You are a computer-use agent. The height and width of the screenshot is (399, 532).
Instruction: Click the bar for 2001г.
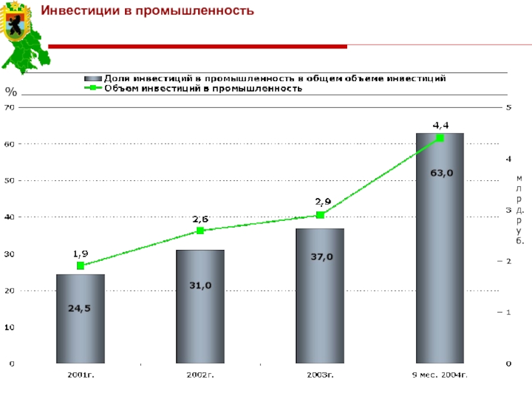point(80,319)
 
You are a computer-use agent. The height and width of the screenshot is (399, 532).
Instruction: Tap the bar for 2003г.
point(320,299)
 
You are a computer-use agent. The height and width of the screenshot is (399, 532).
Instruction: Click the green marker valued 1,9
point(80,265)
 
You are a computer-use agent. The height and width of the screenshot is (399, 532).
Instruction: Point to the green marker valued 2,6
point(200,231)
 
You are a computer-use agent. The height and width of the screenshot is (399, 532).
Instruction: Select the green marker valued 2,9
point(320,215)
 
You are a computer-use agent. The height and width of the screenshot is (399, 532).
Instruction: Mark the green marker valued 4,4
point(440,138)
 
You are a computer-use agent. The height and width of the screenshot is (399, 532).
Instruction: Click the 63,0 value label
point(440,173)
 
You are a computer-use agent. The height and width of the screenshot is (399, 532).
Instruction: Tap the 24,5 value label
point(80,308)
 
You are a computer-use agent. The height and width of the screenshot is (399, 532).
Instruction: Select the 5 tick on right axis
point(509,106)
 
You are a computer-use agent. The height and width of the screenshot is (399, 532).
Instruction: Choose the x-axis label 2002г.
point(200,375)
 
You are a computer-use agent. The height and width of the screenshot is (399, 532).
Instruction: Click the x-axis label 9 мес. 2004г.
point(440,375)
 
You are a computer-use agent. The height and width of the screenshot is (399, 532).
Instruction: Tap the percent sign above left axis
point(11,91)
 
